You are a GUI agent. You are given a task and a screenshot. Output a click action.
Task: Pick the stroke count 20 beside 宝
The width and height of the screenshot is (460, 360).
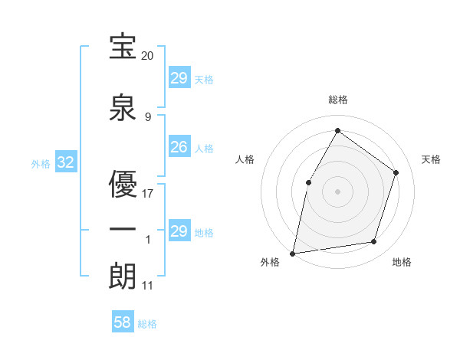point(148,56)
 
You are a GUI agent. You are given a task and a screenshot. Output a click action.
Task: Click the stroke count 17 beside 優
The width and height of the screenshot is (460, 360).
point(148,193)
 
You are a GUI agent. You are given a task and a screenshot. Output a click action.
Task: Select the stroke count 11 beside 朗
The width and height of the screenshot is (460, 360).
point(148,286)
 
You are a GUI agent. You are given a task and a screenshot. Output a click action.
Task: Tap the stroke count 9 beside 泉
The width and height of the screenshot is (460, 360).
point(148,116)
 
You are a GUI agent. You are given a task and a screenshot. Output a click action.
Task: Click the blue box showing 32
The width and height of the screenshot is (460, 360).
point(65,162)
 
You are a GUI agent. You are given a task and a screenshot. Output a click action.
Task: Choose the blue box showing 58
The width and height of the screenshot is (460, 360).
point(123,322)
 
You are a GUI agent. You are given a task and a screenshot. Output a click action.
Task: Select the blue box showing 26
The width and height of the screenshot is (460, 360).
point(179,147)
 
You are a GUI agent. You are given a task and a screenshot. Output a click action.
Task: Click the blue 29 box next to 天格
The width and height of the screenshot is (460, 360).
point(179,78)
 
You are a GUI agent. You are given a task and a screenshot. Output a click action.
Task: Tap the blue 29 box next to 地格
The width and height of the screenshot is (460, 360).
point(179,231)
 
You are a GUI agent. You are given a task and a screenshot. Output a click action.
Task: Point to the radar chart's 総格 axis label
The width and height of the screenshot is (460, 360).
point(337,100)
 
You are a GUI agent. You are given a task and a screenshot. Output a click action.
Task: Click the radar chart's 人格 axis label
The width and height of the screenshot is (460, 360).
point(245,159)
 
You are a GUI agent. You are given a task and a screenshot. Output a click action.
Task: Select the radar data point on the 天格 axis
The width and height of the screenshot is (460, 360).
point(396,172)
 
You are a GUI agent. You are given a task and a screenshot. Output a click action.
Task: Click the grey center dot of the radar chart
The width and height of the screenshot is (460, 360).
point(337,191)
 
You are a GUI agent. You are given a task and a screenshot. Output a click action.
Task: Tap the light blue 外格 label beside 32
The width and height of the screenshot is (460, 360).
point(40,163)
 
